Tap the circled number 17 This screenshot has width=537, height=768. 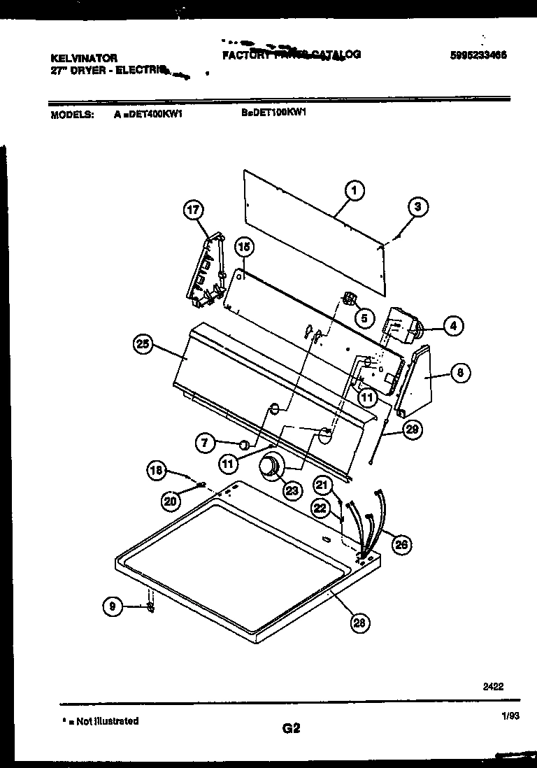click(193, 209)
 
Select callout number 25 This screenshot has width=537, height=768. click(143, 343)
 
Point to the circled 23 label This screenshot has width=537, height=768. click(291, 490)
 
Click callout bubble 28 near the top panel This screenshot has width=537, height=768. click(360, 623)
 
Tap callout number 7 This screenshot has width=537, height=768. click(206, 442)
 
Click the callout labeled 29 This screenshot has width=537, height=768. click(412, 429)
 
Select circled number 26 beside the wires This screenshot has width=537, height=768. click(399, 543)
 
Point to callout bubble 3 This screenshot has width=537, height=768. click(417, 206)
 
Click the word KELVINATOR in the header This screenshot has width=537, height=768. click(85, 58)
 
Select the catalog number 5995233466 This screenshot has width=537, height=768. click(479, 56)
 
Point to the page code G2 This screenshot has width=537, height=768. click(291, 728)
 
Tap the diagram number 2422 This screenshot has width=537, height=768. click(493, 686)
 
